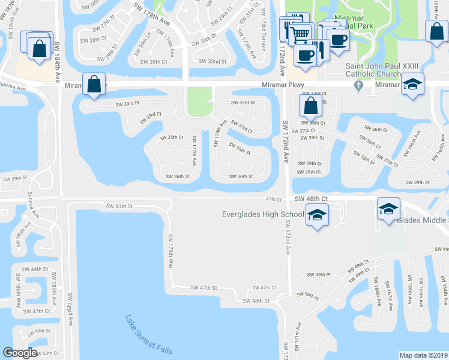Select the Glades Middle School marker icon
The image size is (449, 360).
pos(388,209)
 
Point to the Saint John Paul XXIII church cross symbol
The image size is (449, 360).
pos(358,85)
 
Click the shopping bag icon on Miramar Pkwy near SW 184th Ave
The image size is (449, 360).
pos(94,85)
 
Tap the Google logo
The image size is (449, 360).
pos(20,353)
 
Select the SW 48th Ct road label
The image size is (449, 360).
pos(311,198)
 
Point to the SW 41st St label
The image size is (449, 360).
pos(119,206)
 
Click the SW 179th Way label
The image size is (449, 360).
pos(170,251)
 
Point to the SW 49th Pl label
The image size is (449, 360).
pos(319,275)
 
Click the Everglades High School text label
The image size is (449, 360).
pos(263,214)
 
